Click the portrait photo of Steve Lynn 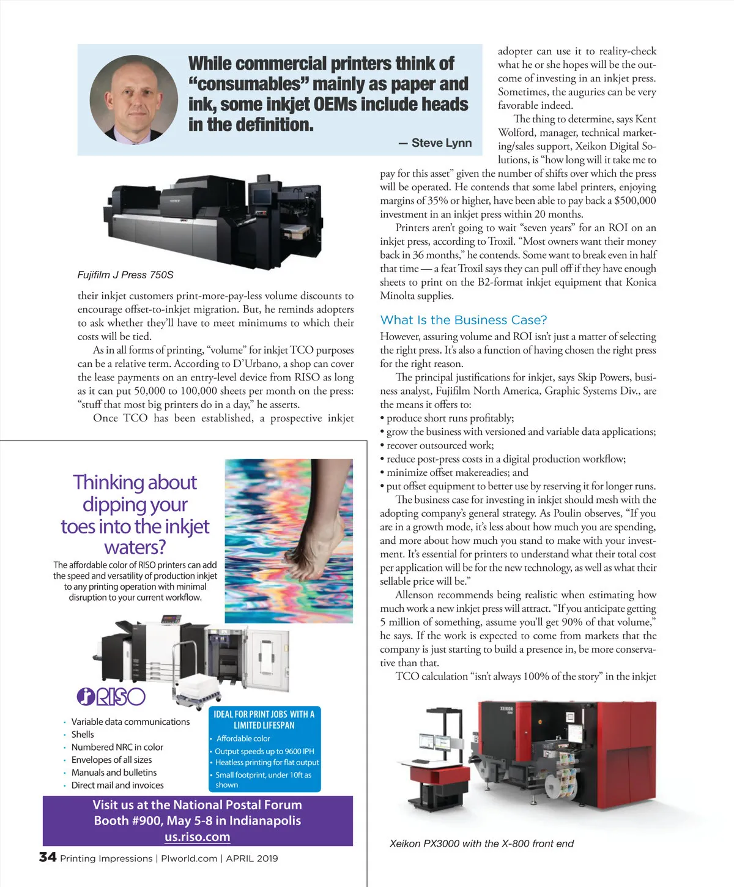(134, 100)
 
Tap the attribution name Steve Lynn (441, 143)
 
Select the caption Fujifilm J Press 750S (125, 275)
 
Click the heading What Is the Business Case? (463, 320)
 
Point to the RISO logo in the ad (111, 697)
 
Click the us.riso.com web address (197, 837)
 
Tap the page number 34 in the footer (48, 858)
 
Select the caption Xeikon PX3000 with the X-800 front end (481, 844)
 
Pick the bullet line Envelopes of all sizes (111, 760)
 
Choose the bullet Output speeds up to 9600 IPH (264, 751)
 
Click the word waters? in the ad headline (135, 547)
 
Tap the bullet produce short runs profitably (450, 418)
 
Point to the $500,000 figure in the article (635, 201)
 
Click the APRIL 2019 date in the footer (252, 858)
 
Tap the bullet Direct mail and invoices (117, 785)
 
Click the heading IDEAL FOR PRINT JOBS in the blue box (264, 714)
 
